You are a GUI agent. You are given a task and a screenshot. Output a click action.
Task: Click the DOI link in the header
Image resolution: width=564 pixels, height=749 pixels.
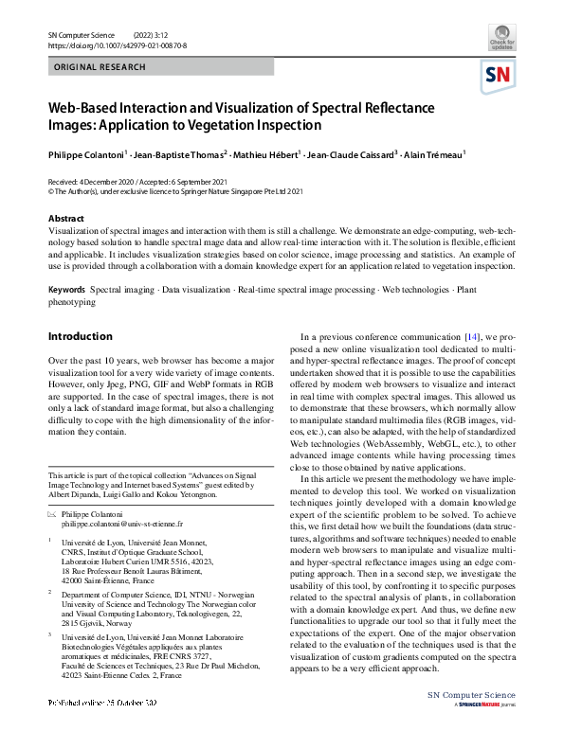point(117,45)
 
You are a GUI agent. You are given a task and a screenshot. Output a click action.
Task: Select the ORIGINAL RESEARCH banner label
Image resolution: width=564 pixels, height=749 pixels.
point(100,67)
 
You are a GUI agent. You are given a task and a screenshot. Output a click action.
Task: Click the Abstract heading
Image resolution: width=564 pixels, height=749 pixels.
point(66,219)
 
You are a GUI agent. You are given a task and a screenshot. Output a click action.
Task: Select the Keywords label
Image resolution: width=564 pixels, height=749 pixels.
point(67,288)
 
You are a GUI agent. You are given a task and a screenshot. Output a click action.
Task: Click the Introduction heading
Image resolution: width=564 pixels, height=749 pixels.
point(80,336)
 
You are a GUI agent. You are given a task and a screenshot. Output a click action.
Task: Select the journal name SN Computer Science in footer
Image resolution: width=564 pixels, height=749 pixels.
point(471,721)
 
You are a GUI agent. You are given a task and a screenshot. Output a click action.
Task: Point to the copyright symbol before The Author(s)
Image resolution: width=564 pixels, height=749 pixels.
point(51,190)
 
